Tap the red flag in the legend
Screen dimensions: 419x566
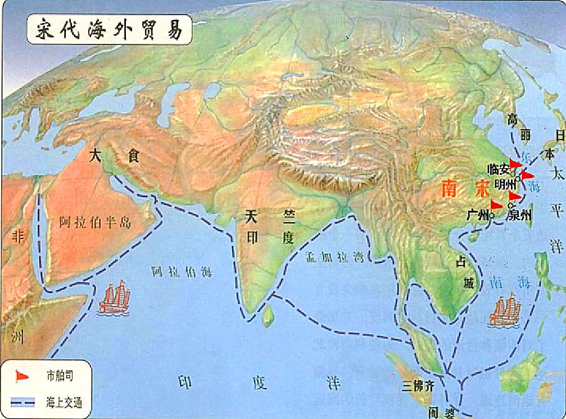pos(22,375)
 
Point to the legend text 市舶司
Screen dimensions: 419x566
pos(60,375)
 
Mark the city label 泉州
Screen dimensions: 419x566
pos(519,215)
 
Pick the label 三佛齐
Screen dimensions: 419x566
pos(418,386)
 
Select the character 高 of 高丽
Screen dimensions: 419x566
pos(512,119)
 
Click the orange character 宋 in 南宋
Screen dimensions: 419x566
pos(482,188)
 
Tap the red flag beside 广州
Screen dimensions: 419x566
pos(496,205)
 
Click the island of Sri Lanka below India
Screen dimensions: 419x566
pos(269,316)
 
